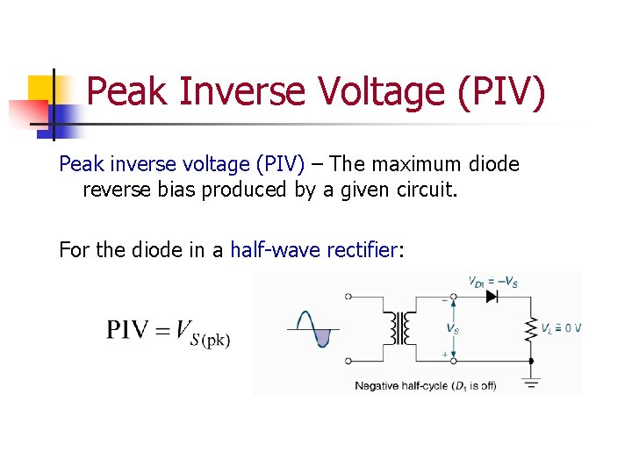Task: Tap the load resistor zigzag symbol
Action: (530, 329)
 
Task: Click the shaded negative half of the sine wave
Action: (322, 337)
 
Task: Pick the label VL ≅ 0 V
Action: (559, 329)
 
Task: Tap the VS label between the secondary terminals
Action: (451, 329)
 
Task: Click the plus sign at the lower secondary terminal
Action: (445, 354)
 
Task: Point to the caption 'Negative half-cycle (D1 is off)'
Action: (425, 385)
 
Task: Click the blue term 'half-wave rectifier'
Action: (313, 250)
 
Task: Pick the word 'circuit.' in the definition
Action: (427, 190)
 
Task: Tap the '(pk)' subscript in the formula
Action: (216, 340)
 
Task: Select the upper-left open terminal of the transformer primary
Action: (348, 297)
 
